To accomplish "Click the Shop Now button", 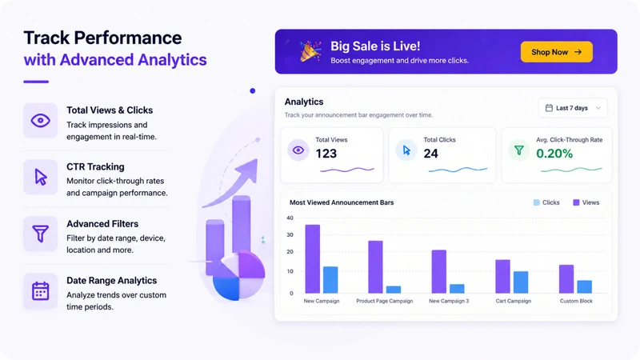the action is tap(556, 52).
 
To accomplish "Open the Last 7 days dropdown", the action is tap(573, 108).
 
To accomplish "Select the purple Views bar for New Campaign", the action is tap(313, 258).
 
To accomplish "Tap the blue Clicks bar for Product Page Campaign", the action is tap(394, 290).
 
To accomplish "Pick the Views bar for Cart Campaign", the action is tap(502, 276).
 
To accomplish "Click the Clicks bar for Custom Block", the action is tap(585, 286).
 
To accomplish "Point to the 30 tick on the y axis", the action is tap(290, 234).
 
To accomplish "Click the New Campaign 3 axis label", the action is tap(449, 301).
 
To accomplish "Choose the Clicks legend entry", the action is tap(546, 202).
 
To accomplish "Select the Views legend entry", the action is tap(586, 202).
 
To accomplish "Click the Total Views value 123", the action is tap(326, 154).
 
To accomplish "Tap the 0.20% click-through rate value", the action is tap(554, 154).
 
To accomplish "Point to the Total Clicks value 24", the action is tap(430, 154).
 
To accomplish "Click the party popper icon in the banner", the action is tap(310, 51).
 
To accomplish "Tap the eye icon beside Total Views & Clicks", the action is tap(41, 121).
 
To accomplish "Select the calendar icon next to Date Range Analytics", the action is tap(41, 290).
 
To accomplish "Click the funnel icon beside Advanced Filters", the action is tap(41, 234).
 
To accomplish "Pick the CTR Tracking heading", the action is tap(95, 166).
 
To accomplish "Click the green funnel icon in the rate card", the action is tap(518, 150).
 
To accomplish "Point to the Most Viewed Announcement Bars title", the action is tap(342, 202).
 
